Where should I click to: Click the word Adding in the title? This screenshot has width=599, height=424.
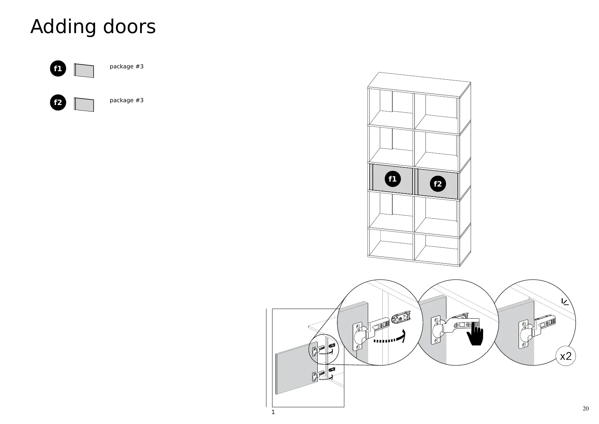(63, 27)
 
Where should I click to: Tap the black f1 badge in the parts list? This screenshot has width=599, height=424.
(58, 69)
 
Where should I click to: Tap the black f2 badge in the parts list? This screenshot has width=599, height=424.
(58, 103)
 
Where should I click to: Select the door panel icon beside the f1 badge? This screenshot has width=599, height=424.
(84, 70)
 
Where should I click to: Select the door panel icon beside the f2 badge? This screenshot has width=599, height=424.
(84, 105)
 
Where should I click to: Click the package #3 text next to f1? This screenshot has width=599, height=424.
(127, 67)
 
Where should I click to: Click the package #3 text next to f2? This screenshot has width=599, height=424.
(127, 100)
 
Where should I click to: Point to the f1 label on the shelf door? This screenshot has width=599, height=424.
(392, 179)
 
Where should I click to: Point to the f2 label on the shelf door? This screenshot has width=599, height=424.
(438, 184)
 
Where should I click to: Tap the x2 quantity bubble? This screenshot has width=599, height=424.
(566, 356)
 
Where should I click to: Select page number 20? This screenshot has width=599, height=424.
(585, 408)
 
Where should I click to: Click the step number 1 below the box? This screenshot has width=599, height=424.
(273, 412)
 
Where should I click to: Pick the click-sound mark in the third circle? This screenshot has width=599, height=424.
(565, 302)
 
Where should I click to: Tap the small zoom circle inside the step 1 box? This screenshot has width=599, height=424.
(324, 350)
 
